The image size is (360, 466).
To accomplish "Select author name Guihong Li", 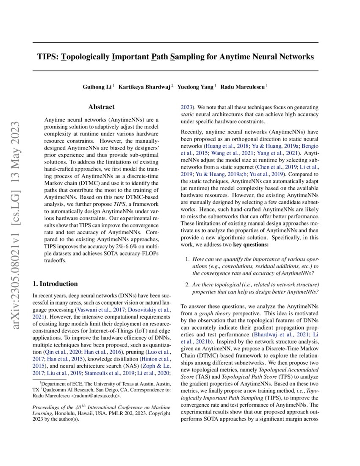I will tap(97, 87).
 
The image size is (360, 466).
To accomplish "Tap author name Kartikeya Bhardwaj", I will tap(144, 87).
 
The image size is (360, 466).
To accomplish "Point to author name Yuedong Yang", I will tap(195, 87).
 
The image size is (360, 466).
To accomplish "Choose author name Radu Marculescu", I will tap(244, 87).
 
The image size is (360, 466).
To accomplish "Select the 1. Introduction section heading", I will tap(55, 284).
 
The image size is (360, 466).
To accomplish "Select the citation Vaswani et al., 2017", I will tap(89, 310).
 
